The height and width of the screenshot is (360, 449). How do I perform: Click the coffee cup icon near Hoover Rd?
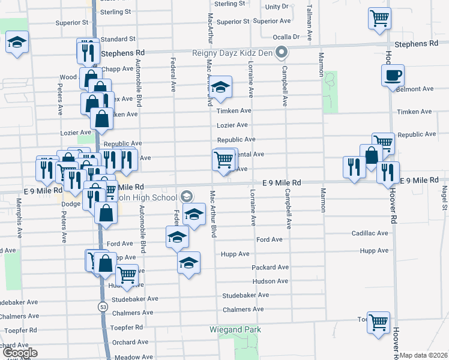(x=393, y=76)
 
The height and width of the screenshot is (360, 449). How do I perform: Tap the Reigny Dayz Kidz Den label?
(x=232, y=53)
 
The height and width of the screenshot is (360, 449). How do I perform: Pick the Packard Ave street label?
(x=271, y=267)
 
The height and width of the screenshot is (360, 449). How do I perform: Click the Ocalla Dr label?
(x=286, y=37)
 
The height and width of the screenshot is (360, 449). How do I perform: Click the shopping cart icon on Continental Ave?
(x=223, y=160)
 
